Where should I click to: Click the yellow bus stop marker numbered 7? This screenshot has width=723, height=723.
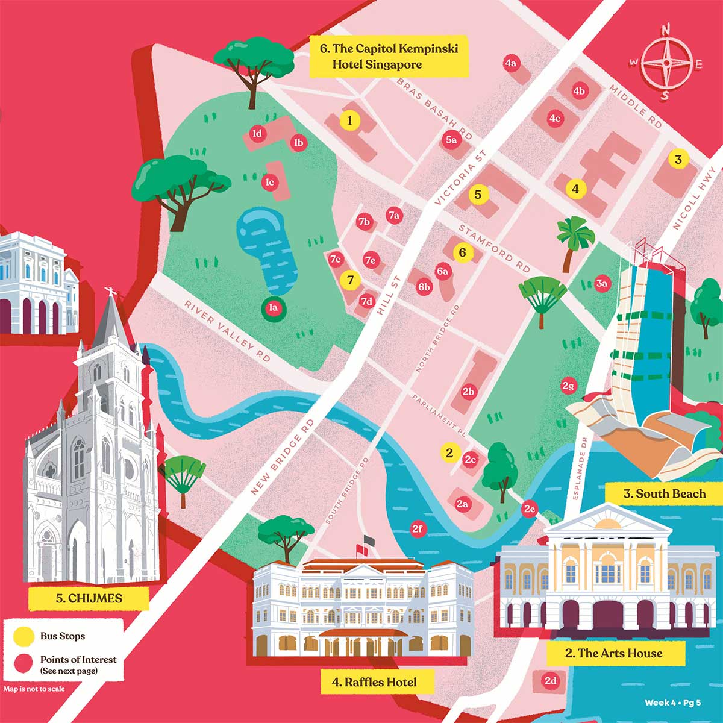coord(350,280)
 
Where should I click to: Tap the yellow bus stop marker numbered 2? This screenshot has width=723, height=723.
coord(449,452)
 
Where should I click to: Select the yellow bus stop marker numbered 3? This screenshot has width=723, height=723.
coord(678,159)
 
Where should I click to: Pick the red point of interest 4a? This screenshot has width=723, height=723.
coord(511,63)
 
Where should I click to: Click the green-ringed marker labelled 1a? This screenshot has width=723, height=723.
coord(274,308)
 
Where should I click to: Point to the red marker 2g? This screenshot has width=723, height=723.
coord(568,386)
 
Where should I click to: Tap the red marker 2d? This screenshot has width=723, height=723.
coord(551,681)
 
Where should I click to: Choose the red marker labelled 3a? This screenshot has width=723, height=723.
coord(602,283)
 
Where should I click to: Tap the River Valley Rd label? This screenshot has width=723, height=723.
coord(227,331)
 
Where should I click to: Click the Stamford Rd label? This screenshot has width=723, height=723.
coord(494,247)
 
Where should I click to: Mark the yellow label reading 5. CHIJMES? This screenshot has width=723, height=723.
coord(89,599)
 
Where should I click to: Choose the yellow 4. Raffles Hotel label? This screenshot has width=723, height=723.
coord(374,683)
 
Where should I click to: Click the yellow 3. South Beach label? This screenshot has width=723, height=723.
coord(664,494)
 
